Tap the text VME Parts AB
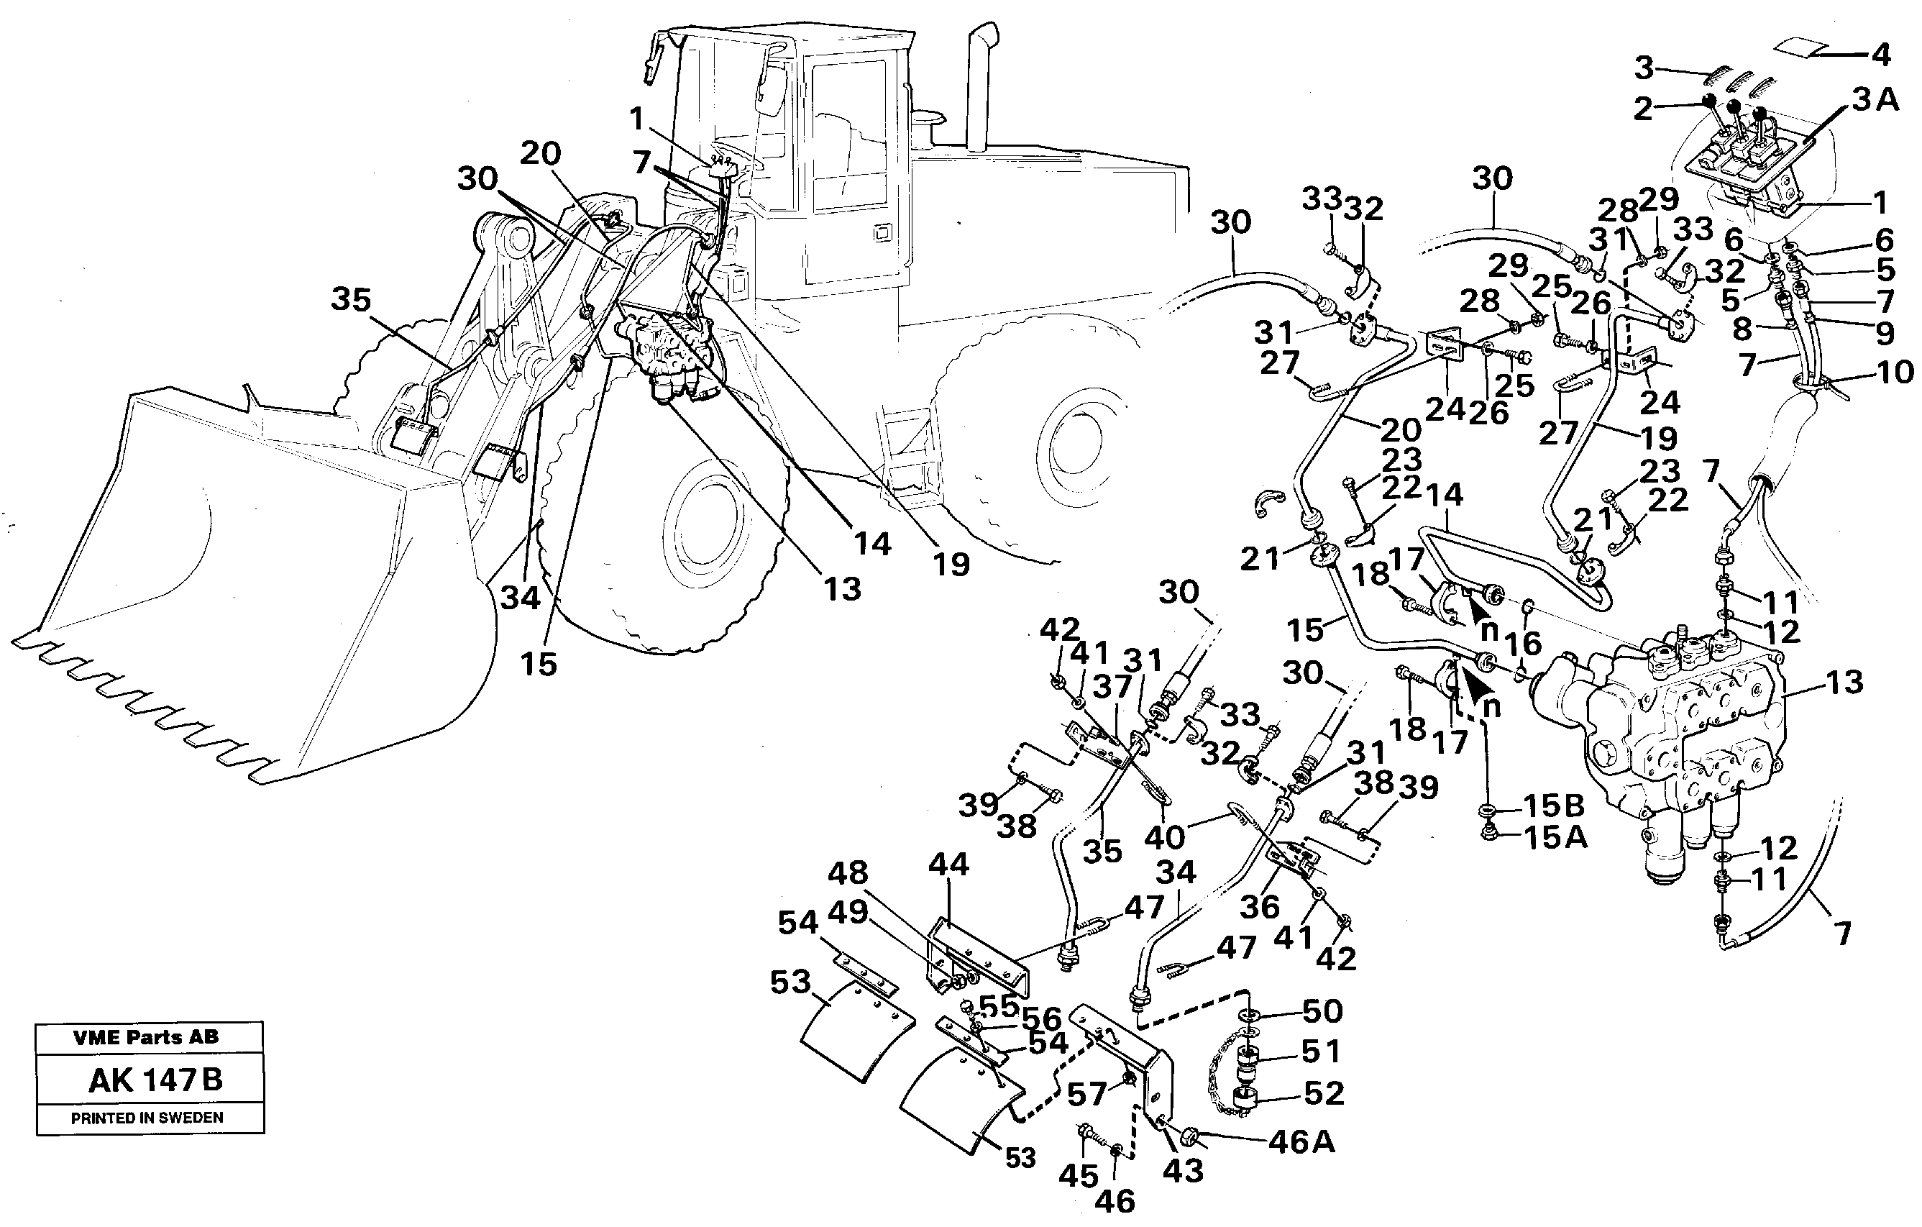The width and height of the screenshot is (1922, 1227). coord(146,1037)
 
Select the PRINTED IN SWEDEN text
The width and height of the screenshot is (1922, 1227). coord(147,1118)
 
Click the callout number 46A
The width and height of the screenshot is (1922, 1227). coord(1301,1142)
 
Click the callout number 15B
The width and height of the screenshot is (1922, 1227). coord(1553,806)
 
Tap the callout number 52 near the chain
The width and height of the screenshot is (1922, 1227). coord(1323,1093)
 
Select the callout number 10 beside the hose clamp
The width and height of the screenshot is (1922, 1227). coord(1895,372)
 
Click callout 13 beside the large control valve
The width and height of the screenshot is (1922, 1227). coord(1845,682)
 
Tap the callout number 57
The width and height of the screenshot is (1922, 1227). coord(1087,1095)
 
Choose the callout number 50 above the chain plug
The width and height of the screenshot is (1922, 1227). coord(1322,1011)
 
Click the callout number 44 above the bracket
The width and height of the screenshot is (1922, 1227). coord(948,864)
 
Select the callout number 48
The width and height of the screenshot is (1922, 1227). coord(847,873)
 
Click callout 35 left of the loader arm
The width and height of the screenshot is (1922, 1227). coord(351,300)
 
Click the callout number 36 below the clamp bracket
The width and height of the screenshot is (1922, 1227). coord(1260,906)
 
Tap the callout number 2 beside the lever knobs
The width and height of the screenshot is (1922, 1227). coord(1642,109)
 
